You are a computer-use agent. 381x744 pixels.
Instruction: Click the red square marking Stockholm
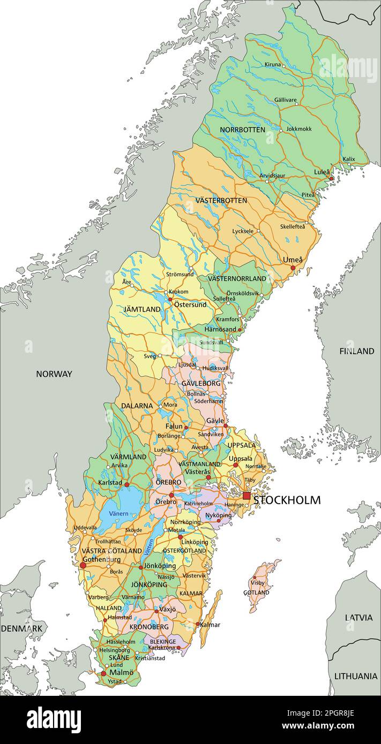(x=246, y=496)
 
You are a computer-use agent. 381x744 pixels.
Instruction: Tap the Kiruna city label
(x=273, y=64)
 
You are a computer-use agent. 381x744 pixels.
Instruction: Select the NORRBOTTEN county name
(x=242, y=130)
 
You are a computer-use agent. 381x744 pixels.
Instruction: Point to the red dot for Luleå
(x=332, y=178)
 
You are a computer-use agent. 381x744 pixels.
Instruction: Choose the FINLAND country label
(x=356, y=351)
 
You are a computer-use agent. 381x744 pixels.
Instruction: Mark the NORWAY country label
(x=54, y=374)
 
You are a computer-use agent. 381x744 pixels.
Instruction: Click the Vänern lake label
(x=118, y=513)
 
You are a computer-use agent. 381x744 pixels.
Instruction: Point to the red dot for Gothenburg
(x=83, y=565)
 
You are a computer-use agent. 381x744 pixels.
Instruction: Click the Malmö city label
(x=121, y=672)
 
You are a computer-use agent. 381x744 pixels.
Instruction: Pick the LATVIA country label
(x=358, y=617)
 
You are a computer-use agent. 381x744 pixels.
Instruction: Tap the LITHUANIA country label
(x=356, y=676)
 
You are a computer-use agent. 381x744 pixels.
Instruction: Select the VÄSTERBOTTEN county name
(x=221, y=200)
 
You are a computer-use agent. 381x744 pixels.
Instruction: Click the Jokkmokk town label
(x=298, y=129)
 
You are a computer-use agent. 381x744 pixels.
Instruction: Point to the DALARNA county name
(x=137, y=406)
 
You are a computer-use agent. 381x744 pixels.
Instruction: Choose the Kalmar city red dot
(x=198, y=624)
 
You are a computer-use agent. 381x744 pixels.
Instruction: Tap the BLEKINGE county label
(x=163, y=641)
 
